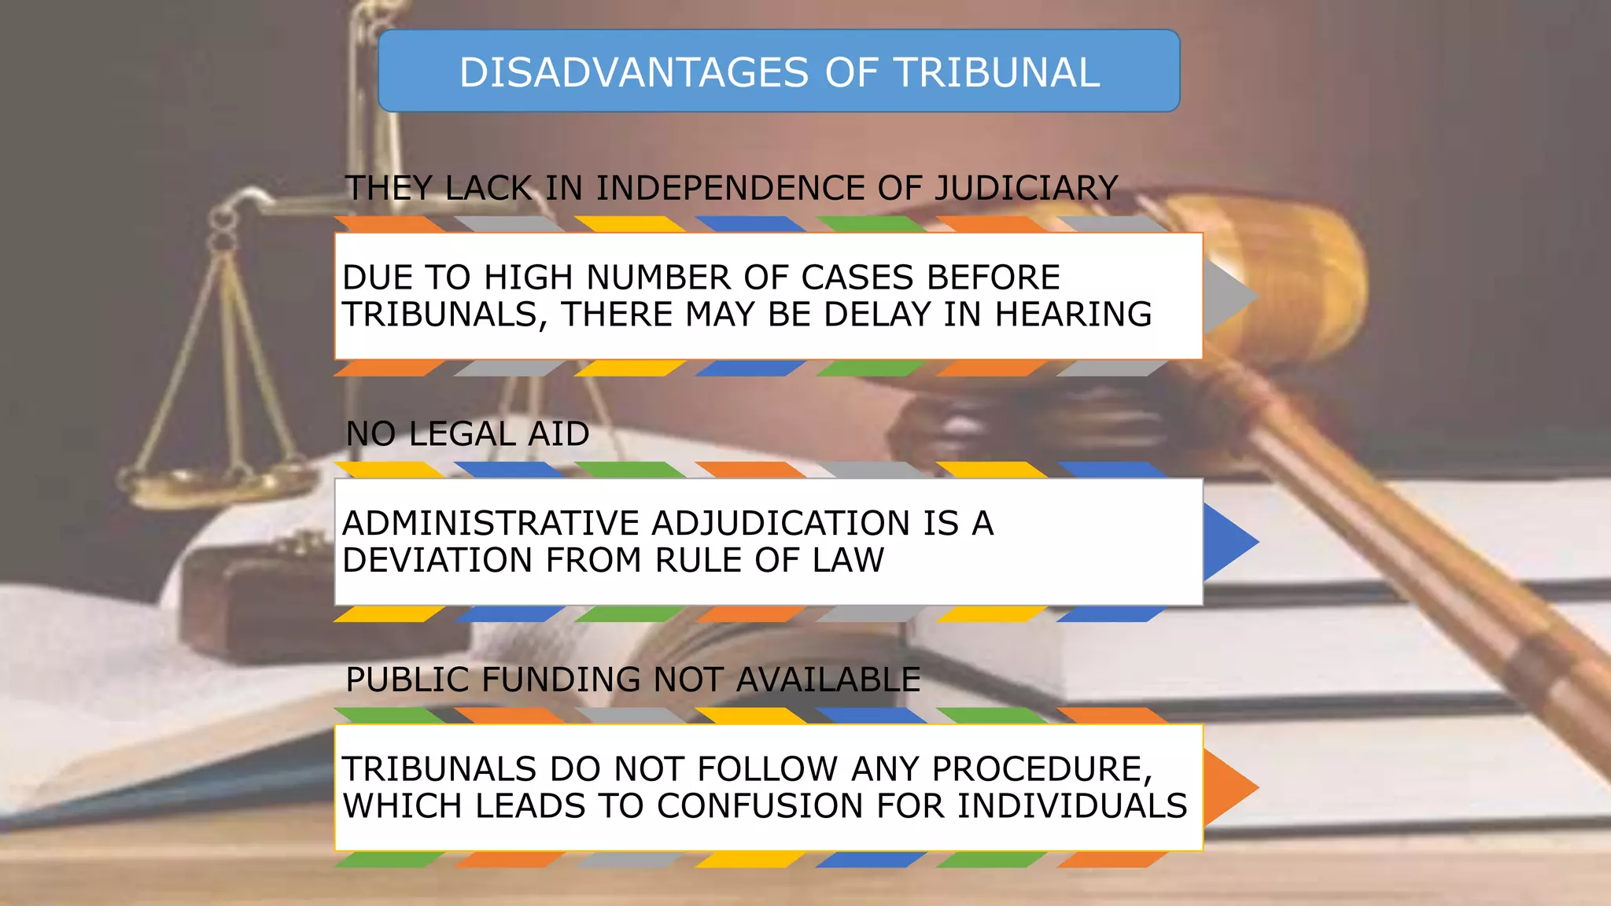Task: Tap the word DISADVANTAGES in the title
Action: (634, 72)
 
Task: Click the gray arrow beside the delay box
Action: (1229, 296)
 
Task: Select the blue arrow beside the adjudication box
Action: (1229, 542)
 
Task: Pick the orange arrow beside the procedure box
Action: (1229, 787)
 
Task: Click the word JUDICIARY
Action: (1026, 189)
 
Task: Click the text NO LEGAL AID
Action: (467, 434)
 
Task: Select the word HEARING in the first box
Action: (1073, 315)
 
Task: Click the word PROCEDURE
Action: (1041, 769)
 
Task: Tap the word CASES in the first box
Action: (857, 278)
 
